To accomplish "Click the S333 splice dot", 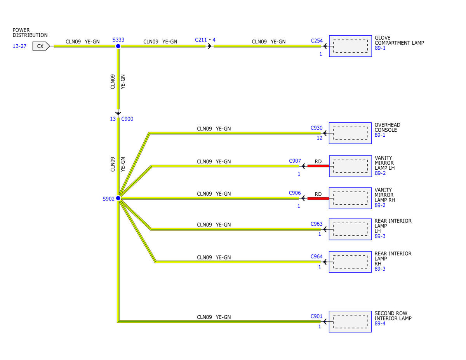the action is click(118, 46).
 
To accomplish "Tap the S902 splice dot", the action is click(118, 198).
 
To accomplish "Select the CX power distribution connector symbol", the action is click(41, 46).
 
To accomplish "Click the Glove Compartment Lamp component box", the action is click(350, 46).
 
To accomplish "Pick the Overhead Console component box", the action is click(350, 133).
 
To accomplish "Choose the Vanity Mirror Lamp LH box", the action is click(350, 166).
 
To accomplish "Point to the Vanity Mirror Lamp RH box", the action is click(350, 198).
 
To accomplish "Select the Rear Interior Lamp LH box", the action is click(350, 229).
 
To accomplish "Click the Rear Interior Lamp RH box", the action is click(350, 262).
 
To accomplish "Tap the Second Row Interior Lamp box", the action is click(350, 322).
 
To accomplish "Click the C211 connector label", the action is click(201, 40).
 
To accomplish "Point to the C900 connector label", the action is click(127, 119).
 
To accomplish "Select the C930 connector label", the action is click(316, 128).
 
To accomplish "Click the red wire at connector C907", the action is click(318, 166).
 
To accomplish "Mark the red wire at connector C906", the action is click(318, 198).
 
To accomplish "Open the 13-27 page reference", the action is click(19, 46).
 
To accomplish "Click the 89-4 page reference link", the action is click(380, 323).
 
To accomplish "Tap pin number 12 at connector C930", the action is click(320, 138).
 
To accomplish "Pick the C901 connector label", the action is click(316, 316).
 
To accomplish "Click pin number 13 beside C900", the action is click(113, 119).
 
